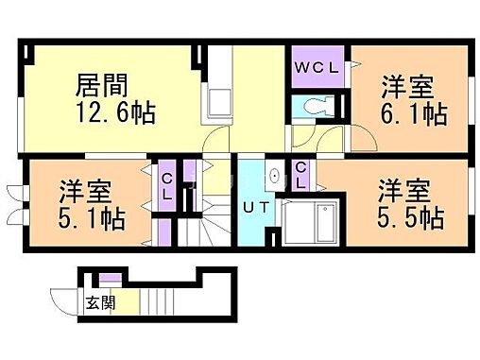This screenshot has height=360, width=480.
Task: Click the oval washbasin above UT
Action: (x=274, y=175)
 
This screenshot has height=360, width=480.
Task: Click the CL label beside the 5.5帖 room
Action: (x=301, y=174)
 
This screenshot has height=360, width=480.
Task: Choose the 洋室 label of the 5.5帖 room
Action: (x=407, y=189)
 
